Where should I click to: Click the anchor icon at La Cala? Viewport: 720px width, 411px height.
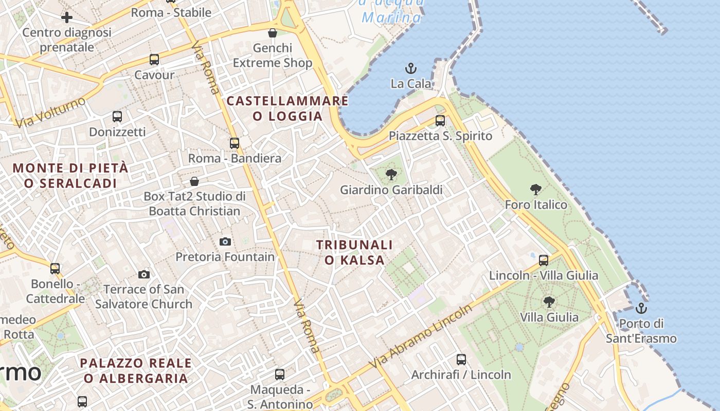tap(410, 68)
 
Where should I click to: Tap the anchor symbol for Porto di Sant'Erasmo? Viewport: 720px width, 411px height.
tap(641, 308)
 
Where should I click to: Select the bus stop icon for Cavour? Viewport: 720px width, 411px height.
tap(154, 59)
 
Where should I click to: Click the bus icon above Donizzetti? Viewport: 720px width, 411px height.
tap(117, 117)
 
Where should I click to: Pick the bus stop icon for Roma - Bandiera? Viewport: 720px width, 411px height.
tap(235, 143)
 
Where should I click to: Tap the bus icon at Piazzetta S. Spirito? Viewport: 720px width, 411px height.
tap(440, 121)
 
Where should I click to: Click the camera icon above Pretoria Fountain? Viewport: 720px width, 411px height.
tap(225, 241)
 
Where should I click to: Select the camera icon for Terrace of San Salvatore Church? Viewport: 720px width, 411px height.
tap(144, 274)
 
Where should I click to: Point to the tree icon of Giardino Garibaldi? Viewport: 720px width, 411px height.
tap(391, 175)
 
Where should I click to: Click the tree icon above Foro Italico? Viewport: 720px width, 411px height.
tap(536, 190)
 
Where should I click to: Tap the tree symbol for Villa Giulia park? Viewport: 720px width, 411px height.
tap(549, 302)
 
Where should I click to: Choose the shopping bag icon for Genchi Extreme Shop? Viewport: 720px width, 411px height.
tap(273, 33)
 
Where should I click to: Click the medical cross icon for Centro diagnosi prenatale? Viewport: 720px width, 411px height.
tap(67, 17)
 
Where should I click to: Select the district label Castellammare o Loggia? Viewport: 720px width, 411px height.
tap(287, 108)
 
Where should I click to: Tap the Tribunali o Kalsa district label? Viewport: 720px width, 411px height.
tap(354, 252)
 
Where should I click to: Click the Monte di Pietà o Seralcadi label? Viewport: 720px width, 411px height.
tap(70, 175)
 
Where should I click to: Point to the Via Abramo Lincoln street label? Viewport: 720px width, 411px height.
tap(421, 337)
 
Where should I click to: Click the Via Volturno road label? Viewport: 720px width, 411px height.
tap(50, 113)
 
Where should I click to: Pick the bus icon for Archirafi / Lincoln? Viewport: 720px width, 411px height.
tap(461, 359)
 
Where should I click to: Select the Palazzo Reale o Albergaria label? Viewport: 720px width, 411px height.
tap(136, 370)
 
